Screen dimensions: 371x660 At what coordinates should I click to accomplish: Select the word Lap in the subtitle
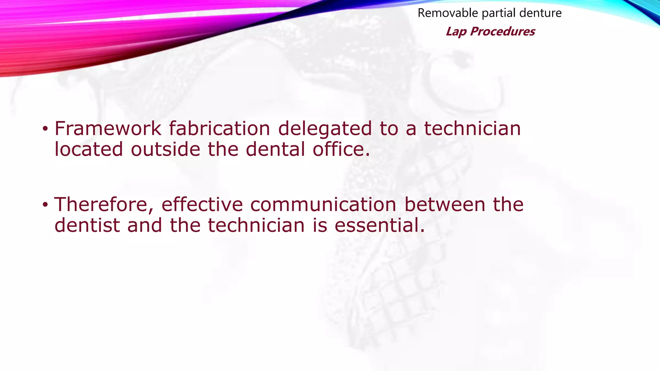pyautogui.click(x=456, y=32)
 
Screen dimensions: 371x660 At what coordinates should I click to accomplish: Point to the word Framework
pyautogui.click(x=108, y=128)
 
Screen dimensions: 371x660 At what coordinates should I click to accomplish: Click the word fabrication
pyautogui.click(x=219, y=128)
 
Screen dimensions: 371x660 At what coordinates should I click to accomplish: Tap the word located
pyautogui.click(x=89, y=149)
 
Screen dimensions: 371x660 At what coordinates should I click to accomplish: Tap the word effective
pyautogui.click(x=202, y=205)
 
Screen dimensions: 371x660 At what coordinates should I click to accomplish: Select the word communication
pyautogui.click(x=323, y=205)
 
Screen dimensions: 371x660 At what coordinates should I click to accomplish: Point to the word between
pyautogui.click(x=445, y=205)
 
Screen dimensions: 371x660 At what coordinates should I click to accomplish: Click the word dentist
pyautogui.click(x=87, y=225)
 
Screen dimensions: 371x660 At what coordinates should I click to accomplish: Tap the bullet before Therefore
pyautogui.click(x=45, y=205)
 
